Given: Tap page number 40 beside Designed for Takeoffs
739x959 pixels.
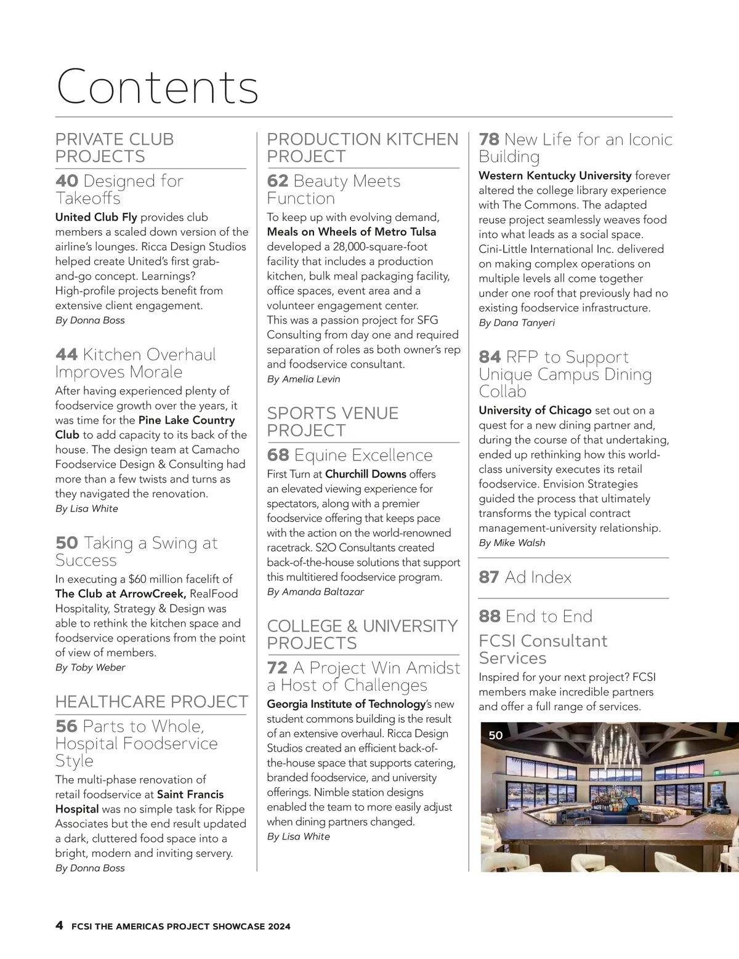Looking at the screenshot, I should pyautogui.click(x=67, y=181).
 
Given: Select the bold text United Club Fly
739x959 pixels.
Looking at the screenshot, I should pyautogui.click(x=96, y=217).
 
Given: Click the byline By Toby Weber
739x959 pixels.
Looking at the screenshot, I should pyautogui.click(x=90, y=667).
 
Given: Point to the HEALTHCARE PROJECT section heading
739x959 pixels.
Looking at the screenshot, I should pyautogui.click(x=151, y=702).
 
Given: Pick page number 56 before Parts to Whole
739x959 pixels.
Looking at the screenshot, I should pyautogui.click(x=67, y=726).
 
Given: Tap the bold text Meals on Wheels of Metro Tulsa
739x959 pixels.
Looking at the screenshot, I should pyautogui.click(x=351, y=232).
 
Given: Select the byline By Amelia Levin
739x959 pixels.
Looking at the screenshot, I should pyautogui.click(x=303, y=379).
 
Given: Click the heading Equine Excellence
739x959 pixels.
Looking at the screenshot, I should pyautogui.click(x=363, y=455).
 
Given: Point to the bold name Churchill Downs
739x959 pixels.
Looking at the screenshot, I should pyautogui.click(x=365, y=474).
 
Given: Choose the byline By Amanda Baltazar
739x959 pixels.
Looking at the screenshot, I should pyautogui.click(x=315, y=592).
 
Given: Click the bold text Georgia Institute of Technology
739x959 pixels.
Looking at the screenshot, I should pyautogui.click(x=346, y=704).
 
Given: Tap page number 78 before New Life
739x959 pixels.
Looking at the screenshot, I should pyautogui.click(x=489, y=140).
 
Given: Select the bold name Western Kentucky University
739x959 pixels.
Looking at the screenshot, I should pyautogui.click(x=555, y=175).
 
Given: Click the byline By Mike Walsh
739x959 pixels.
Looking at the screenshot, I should pyautogui.click(x=512, y=543).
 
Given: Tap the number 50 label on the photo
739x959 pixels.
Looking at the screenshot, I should pyautogui.click(x=495, y=735).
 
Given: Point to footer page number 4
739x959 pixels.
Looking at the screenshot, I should pyautogui.click(x=59, y=926).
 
